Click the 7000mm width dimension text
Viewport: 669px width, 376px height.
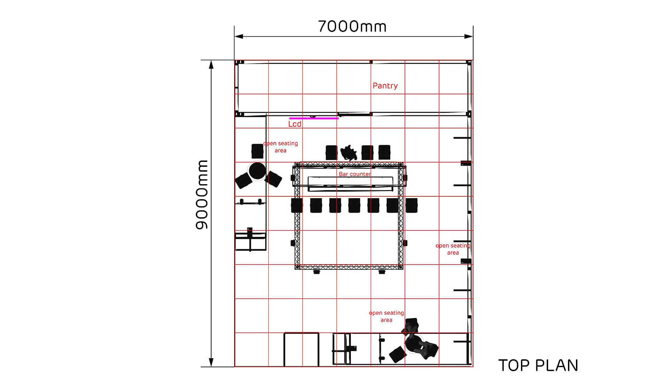point(352,26)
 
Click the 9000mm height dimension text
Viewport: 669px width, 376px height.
point(201,195)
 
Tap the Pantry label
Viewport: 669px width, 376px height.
point(385,86)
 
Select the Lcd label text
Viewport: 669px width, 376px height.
point(295,124)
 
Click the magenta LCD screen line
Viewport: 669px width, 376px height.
point(314,118)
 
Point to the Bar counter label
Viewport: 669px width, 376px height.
point(355,174)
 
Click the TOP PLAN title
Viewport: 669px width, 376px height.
point(538,366)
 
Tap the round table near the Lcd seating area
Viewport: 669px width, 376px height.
point(257,171)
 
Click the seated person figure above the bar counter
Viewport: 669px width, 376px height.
point(349,152)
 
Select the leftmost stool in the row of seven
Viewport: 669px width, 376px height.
point(297,205)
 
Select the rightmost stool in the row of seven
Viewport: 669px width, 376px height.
point(412,205)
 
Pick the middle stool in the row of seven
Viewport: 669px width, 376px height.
point(354,205)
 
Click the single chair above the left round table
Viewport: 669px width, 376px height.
point(257,151)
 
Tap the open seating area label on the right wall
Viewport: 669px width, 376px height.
point(453,249)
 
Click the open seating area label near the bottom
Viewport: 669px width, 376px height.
point(386,316)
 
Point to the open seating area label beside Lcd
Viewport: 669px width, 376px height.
point(280,147)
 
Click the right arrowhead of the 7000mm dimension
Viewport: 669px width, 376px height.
point(469,36)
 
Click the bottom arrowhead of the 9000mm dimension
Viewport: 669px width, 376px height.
point(211,362)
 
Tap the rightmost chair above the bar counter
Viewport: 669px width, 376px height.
point(384,152)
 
